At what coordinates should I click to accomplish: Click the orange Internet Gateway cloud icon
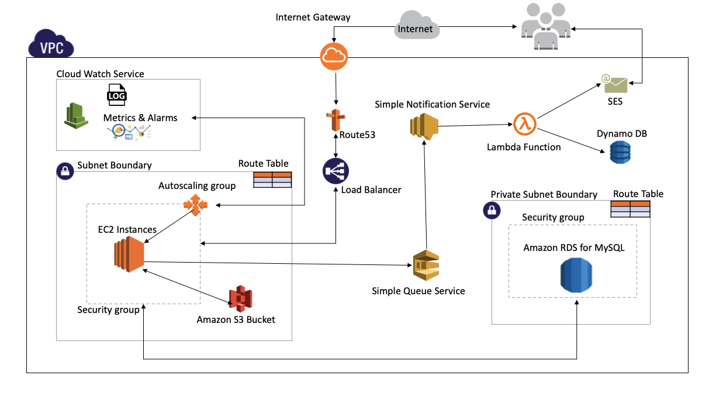334,56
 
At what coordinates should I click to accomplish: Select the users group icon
546,26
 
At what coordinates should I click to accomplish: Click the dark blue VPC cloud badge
51,43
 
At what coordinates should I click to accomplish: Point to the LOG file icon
117,95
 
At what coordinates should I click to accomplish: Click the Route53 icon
335,120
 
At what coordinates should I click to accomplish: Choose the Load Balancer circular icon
335,171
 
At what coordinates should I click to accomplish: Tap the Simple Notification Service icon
424,127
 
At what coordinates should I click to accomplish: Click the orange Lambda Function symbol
524,124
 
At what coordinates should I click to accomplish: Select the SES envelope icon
615,84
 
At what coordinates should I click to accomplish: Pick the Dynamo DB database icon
620,152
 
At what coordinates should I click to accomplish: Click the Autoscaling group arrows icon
195,205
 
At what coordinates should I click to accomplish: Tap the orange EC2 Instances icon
129,254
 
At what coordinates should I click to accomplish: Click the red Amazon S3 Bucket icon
241,298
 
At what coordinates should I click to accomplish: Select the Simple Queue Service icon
426,265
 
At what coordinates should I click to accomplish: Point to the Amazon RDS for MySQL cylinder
576,275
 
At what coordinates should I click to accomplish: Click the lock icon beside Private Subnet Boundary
492,211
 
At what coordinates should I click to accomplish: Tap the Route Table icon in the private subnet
630,209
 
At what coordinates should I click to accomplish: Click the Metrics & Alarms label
140,118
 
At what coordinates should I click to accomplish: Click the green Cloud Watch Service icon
76,115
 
